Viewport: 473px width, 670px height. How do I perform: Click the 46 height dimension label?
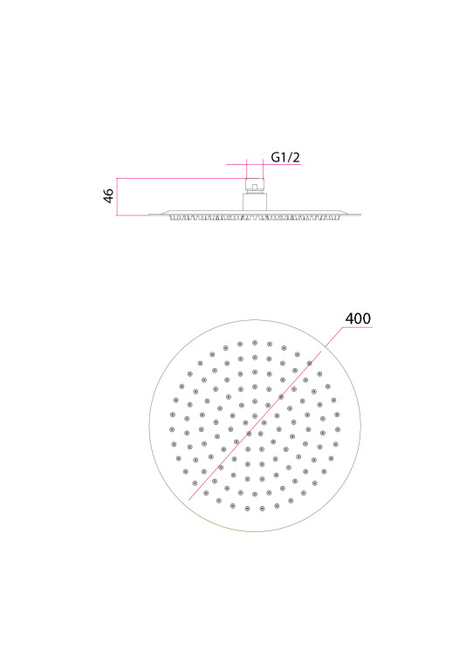109,195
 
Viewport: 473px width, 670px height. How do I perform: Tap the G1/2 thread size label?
285,157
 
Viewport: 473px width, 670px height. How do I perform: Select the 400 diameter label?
358,318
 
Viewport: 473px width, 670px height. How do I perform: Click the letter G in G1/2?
276,157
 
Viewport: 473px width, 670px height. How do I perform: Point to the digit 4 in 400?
349,318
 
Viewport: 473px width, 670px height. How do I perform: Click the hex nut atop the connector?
255,186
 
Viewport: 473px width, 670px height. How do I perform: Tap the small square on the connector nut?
255,187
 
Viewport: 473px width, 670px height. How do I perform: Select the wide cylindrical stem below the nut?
255,202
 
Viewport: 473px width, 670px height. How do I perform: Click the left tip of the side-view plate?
148,215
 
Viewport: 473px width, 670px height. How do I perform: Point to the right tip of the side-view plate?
361,215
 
